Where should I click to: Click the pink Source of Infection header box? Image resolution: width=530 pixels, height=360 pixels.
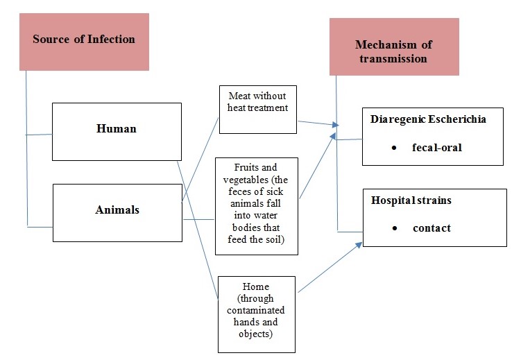(84, 41)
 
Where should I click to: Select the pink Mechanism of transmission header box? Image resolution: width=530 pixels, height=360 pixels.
(393, 46)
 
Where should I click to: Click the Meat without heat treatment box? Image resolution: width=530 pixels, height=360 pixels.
(257, 110)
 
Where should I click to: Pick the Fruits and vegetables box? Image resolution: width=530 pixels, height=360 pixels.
(256, 206)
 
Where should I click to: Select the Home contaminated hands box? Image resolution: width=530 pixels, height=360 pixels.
(256, 314)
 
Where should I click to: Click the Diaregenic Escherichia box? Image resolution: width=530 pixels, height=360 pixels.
(432, 136)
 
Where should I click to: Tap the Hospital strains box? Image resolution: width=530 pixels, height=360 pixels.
(434, 217)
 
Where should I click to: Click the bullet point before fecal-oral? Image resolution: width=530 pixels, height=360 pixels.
(394, 147)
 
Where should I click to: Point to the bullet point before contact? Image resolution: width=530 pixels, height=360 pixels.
(394, 228)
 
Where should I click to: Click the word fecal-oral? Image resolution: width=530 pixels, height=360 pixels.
(437, 147)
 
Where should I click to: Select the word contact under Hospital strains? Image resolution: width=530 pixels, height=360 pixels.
(431, 228)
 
